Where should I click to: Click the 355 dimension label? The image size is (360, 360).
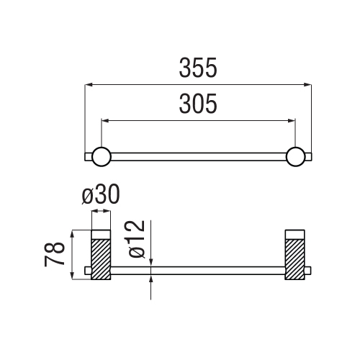(x=198, y=68)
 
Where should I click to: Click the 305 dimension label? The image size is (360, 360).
(x=198, y=104)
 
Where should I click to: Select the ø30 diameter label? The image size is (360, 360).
(x=101, y=194)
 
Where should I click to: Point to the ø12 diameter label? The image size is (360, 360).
(x=137, y=239)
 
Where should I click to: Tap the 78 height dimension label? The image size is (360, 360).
(x=55, y=254)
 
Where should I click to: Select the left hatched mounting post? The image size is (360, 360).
(x=101, y=259)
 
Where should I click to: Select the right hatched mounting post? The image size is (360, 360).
(x=294, y=259)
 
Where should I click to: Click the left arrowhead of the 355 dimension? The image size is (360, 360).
(x=89, y=84)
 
